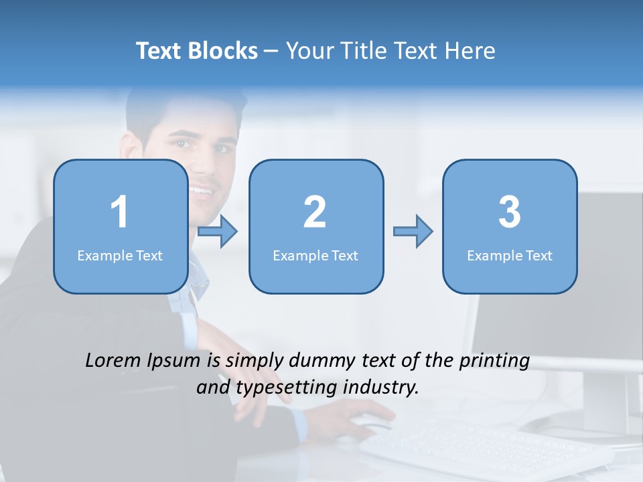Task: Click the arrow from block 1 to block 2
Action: tap(218, 232)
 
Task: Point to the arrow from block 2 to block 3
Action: tap(413, 232)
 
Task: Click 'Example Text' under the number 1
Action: tap(120, 255)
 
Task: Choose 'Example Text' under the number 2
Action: tap(315, 255)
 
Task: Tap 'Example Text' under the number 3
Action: tap(510, 255)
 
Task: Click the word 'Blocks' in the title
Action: tap(222, 51)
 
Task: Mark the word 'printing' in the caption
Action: tap(494, 361)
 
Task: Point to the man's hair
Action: tap(181, 107)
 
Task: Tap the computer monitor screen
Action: tap(603, 268)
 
